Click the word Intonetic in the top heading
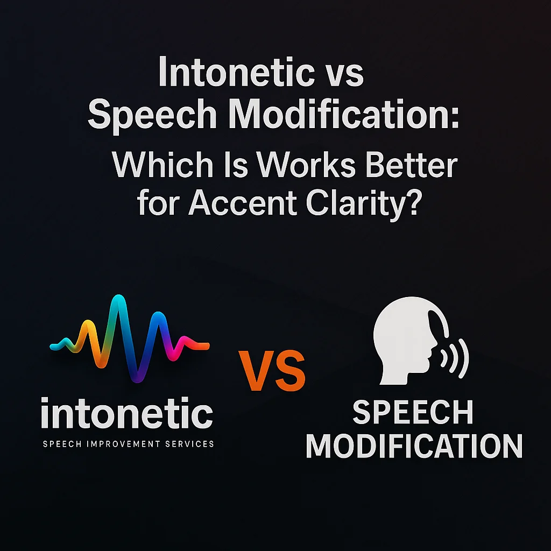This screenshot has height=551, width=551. coord(237,72)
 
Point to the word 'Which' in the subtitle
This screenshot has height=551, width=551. coord(163,165)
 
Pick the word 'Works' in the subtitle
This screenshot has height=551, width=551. coord(306,165)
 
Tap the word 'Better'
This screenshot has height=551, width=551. coord(412,165)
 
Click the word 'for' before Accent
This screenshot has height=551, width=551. coord(158,203)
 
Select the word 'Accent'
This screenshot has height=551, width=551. coord(243,203)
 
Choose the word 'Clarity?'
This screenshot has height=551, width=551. coord(362,204)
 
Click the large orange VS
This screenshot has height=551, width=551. coord(272,371)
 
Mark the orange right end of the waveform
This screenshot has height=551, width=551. coord(207,346)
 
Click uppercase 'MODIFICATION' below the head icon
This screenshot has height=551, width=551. coord(414,446)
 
